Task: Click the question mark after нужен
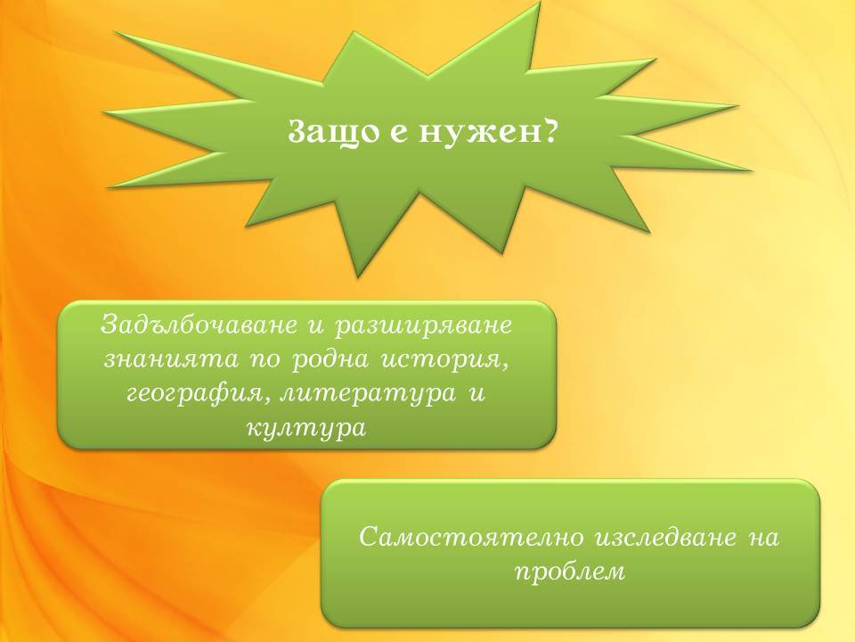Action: (542, 130)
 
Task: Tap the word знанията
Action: (171, 359)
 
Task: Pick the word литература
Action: (367, 394)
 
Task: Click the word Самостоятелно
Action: (471, 537)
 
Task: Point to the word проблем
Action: (570, 572)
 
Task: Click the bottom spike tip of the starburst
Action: (358, 276)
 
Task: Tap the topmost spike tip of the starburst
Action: (540, 2)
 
